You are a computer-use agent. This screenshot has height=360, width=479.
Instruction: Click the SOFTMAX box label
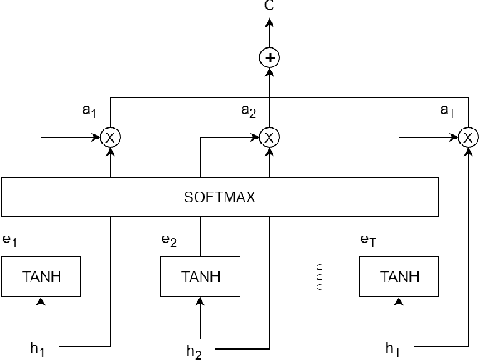coord(219,198)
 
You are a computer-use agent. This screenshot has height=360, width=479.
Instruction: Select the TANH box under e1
coord(40,277)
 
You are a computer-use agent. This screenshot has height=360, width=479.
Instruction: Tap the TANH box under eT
coord(399,277)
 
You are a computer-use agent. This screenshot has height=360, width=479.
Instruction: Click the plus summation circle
coord(269,58)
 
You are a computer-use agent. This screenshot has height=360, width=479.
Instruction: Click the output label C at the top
coord(269,6)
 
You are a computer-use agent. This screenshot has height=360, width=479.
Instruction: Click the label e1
coord(10,241)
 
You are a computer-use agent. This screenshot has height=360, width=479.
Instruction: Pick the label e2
coord(168,241)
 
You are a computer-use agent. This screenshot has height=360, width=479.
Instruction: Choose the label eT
coord(367,241)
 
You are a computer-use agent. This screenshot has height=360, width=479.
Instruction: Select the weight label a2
coord(248,110)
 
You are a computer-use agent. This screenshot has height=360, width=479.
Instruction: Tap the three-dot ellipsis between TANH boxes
coord(319,277)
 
